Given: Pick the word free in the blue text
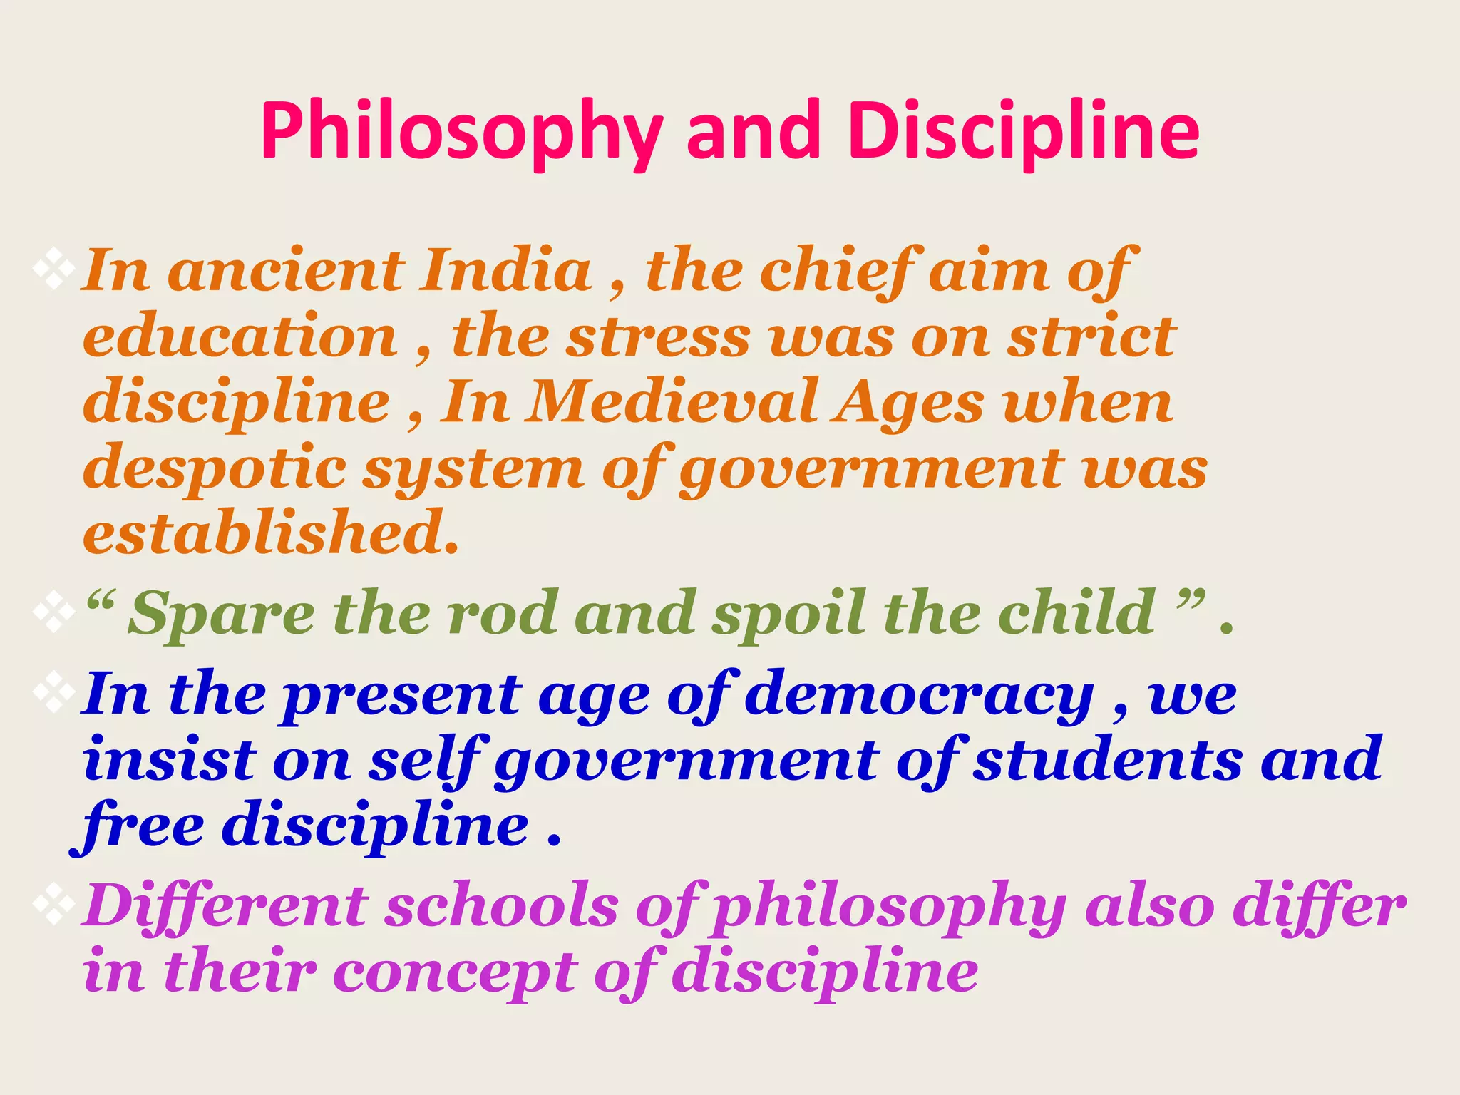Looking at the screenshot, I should tap(139, 827).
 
